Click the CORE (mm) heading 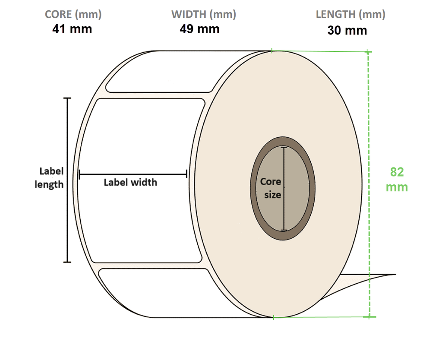[73, 14]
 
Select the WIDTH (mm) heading [204, 14]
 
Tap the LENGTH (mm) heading [350, 14]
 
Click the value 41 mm [72, 29]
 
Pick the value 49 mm [199, 29]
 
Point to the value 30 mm [347, 31]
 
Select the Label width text [130, 182]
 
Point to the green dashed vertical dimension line [369, 129]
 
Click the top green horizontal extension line [319, 51]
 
